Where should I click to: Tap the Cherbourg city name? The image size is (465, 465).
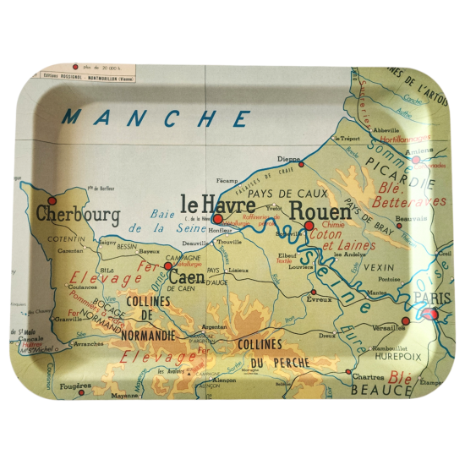(78, 215)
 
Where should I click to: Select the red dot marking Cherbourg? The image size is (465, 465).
(52, 201)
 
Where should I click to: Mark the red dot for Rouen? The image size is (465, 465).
(310, 226)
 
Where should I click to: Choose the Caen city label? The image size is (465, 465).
(186, 276)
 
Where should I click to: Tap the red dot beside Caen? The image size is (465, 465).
(167, 265)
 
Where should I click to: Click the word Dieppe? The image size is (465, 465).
(288, 159)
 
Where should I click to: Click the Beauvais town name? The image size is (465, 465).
(411, 220)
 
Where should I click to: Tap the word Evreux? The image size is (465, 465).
(320, 299)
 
